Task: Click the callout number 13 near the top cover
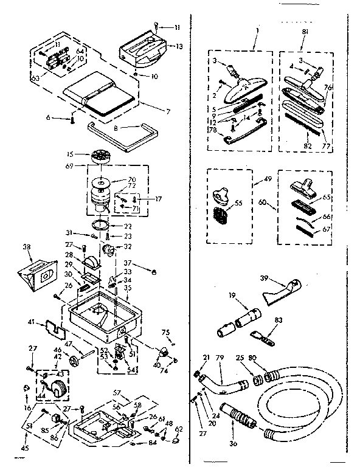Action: (x=179, y=46)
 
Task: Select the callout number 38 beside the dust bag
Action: (x=26, y=247)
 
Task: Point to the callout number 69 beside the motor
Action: (x=69, y=165)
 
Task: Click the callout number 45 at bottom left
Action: (x=24, y=449)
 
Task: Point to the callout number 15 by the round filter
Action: (x=71, y=154)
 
